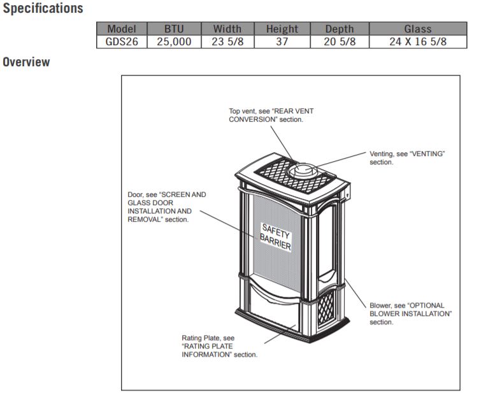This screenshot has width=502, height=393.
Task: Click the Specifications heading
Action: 43,9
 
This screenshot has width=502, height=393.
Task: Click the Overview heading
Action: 26,62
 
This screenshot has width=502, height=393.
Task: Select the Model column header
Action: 122,29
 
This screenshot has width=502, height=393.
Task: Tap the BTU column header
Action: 174,29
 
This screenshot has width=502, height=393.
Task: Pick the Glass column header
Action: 417,29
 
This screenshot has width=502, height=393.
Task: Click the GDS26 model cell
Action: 122,42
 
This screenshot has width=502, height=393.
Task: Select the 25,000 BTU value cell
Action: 174,42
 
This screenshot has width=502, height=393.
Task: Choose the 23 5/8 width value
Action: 227,42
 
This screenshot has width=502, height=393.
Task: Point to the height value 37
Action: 282,42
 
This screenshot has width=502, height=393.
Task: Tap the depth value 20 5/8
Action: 340,42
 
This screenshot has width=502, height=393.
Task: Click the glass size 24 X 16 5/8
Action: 417,42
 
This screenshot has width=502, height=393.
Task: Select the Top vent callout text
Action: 271,115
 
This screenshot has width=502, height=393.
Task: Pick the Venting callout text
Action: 406,158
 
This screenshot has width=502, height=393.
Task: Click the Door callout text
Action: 167,206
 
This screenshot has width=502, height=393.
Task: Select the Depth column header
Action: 340,29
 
